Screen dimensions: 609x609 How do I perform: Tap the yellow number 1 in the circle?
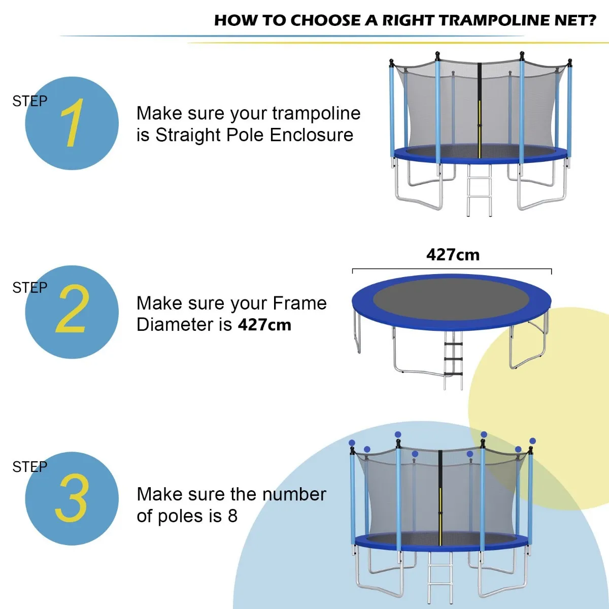tap(72, 123)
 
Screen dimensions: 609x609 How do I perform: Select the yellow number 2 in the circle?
tap(72, 309)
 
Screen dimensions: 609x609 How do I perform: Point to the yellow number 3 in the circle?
tap(72, 498)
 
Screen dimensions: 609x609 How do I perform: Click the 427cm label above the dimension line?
tap(453, 254)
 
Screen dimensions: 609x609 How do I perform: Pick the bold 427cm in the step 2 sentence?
tap(264, 325)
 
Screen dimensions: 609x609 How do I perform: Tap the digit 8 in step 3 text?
tap(232, 516)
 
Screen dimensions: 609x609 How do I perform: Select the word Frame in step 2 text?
tap(299, 303)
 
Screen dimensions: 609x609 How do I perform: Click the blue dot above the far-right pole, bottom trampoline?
tap(532, 441)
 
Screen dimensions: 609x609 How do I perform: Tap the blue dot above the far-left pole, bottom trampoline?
tap(352, 443)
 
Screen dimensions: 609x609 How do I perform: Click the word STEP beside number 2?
tap(29, 288)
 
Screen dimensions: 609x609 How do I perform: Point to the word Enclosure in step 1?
tap(312, 135)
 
